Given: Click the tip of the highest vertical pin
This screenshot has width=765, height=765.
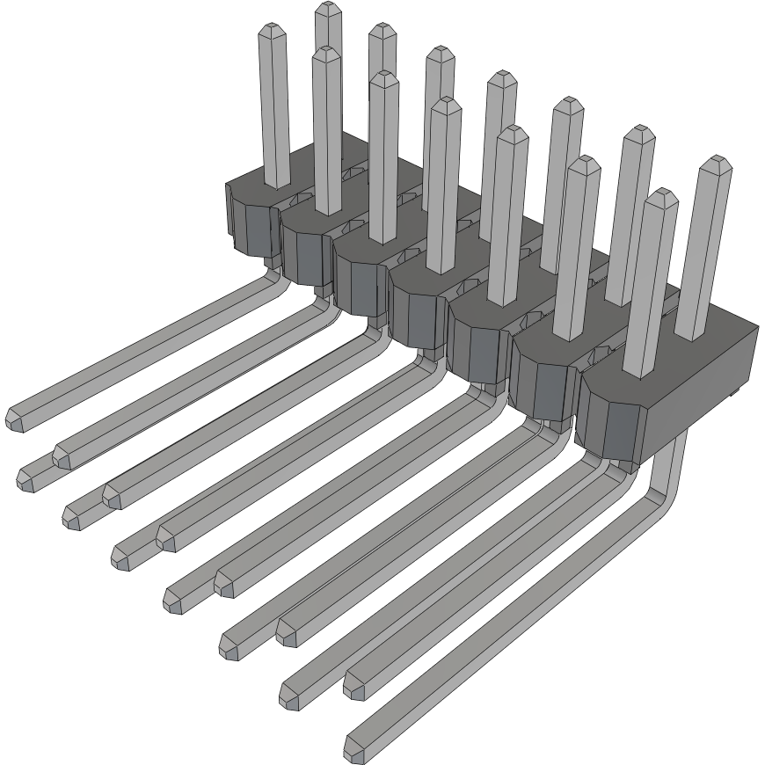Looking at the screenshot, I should [327, 9].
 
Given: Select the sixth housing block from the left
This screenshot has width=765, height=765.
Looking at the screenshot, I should [541, 387].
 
